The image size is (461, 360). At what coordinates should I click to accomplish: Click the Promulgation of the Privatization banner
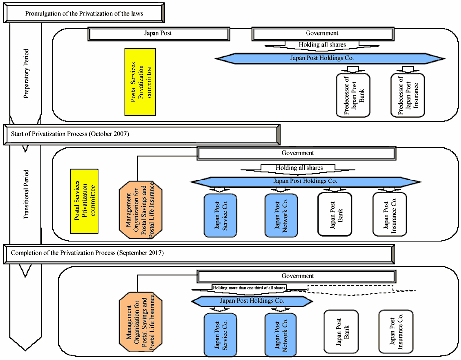pos(84,13)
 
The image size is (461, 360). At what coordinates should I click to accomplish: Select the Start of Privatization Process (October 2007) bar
pos(142,134)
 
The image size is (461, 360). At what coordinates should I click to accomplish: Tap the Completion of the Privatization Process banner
pos(199,253)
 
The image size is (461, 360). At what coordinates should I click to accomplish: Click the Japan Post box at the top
pos(158,34)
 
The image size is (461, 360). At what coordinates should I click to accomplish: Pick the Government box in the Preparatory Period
pos(322,34)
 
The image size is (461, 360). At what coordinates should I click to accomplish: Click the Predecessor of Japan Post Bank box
pos(353,95)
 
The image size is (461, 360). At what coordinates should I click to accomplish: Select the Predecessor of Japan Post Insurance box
pos(408,95)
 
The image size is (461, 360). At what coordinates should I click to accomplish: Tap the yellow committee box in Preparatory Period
pos(140,82)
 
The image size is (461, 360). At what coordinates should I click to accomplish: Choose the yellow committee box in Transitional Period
pos(84,201)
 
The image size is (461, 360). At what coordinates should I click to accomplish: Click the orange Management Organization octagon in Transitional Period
pos(141,210)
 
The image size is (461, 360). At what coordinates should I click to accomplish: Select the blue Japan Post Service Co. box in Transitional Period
pos(220,215)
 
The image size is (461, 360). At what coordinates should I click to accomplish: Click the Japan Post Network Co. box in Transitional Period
pos(281,215)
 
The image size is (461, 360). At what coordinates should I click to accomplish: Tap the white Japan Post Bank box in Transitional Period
pos(335,214)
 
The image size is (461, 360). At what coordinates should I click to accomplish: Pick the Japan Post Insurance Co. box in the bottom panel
pos(396,332)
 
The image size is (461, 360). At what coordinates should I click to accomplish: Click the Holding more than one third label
pos(249,288)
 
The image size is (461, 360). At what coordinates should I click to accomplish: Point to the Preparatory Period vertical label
pos(26,73)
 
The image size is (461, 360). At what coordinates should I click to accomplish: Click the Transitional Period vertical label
pos(26,194)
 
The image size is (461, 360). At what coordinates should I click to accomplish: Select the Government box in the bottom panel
pos(297,276)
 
